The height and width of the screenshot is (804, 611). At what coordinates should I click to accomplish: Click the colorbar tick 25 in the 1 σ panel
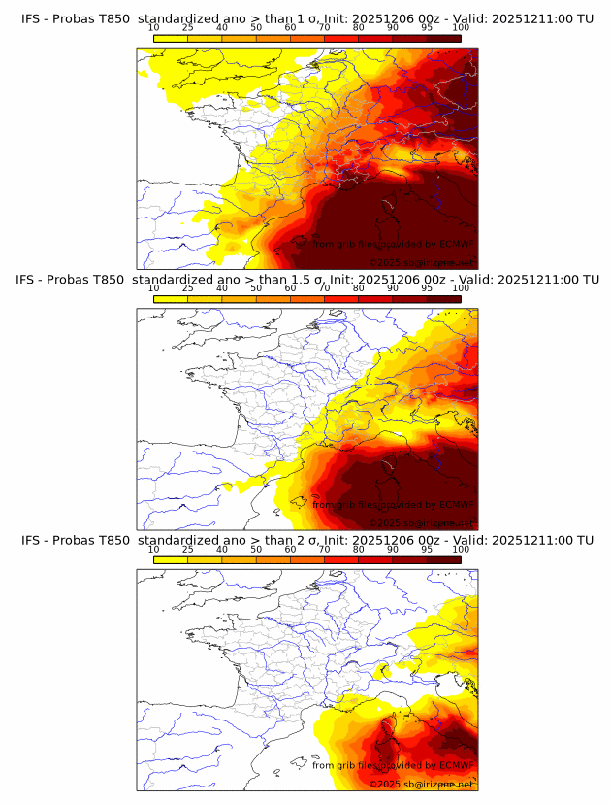187,28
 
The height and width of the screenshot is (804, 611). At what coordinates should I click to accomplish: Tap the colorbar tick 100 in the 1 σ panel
461,28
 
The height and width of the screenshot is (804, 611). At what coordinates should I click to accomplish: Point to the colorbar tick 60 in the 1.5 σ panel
290,288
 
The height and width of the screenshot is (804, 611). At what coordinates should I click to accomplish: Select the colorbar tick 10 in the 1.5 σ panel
153,288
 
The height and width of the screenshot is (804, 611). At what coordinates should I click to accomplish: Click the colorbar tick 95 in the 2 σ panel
427,550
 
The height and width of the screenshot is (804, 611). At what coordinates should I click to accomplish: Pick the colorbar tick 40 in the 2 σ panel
222,550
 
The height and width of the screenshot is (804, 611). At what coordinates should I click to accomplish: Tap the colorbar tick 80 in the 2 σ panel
359,550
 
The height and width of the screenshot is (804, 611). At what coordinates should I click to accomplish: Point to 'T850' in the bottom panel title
113,540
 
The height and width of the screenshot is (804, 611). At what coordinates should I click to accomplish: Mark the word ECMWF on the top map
456,245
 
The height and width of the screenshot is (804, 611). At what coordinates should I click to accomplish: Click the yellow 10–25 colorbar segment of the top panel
171,38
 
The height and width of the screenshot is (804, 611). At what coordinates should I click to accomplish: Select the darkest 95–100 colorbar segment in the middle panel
444,299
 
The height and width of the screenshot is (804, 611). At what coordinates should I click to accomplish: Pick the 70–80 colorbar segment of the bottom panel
341,559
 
